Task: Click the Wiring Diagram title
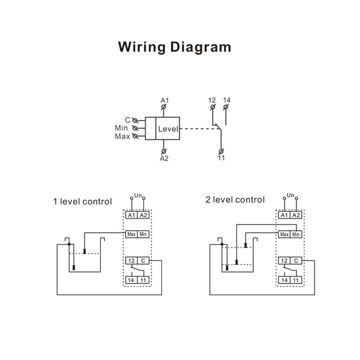coord(175,47)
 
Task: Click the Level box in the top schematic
coord(168,128)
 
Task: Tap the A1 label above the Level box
coord(164,99)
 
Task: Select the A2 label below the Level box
coord(164,158)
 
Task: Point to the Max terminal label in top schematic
coord(122,136)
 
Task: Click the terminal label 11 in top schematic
coord(221,158)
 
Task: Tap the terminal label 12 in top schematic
coord(212,99)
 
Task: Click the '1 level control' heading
coord(82,201)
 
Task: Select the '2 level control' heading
coord(235,199)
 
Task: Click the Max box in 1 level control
coord(131,234)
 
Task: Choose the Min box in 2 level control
coord(296,234)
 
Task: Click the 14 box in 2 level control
coord(284,280)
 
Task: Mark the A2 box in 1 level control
coord(143,215)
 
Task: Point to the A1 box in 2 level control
coord(284,215)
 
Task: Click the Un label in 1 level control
coord(138,195)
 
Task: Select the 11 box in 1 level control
coord(143,280)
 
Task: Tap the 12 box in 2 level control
coord(284,261)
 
